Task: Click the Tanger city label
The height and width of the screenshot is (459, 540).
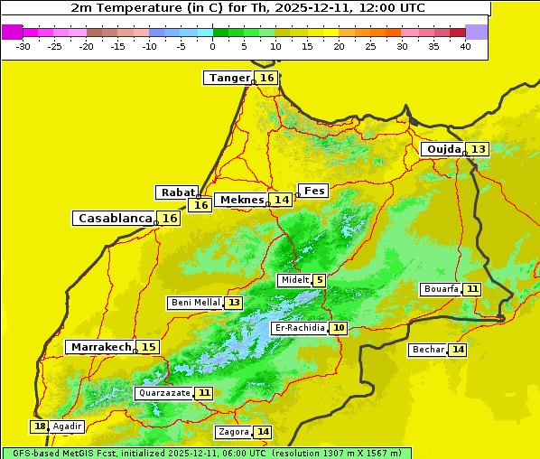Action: point(228,78)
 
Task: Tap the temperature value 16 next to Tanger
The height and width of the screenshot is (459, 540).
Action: point(267,78)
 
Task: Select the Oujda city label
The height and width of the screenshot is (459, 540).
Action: point(443,149)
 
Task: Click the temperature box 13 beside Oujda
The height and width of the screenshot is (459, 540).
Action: point(478,149)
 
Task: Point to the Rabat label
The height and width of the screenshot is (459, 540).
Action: point(176,192)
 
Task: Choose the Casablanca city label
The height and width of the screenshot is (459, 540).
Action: point(114,219)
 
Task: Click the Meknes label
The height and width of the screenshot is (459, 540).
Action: point(242,200)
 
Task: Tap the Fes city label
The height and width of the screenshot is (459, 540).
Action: point(314,191)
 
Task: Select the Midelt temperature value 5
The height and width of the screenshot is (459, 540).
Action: point(320,280)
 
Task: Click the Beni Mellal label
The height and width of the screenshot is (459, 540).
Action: point(194,303)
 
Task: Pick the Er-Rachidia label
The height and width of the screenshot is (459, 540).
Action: point(300,328)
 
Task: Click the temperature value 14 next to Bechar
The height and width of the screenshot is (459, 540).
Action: point(458,350)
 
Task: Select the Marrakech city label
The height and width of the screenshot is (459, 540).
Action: point(101,347)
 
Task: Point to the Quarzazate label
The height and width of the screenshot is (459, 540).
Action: point(163,393)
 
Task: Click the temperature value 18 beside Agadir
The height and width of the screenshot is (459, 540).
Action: point(40,426)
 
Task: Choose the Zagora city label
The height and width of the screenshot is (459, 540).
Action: point(232,432)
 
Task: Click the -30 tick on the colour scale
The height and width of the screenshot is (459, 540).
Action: point(23,46)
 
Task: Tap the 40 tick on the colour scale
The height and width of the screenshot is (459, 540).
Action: point(465,46)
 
